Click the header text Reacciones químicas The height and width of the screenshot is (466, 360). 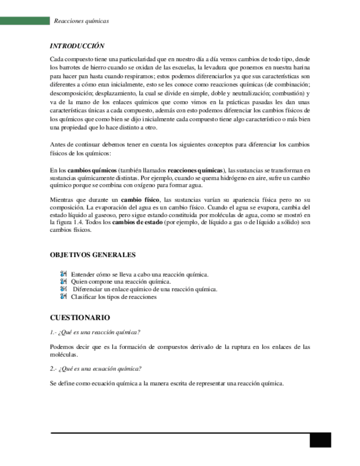[81, 21]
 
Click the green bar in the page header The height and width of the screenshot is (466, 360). [25, 21]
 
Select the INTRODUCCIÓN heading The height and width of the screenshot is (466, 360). [77, 46]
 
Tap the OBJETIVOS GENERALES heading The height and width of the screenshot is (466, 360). [92, 255]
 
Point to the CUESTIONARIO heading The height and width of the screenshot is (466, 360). [80, 318]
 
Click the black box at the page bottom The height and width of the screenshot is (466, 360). [320, 441]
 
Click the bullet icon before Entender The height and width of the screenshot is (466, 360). [64, 274]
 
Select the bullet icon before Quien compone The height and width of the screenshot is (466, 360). [64, 281]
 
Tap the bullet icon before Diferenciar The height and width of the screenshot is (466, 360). [64, 289]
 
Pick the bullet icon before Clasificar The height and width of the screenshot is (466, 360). [64, 296]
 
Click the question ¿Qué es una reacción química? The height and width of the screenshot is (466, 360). [95, 332]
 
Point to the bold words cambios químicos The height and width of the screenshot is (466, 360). [92, 171]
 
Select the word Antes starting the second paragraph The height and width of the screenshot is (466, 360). [58, 145]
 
